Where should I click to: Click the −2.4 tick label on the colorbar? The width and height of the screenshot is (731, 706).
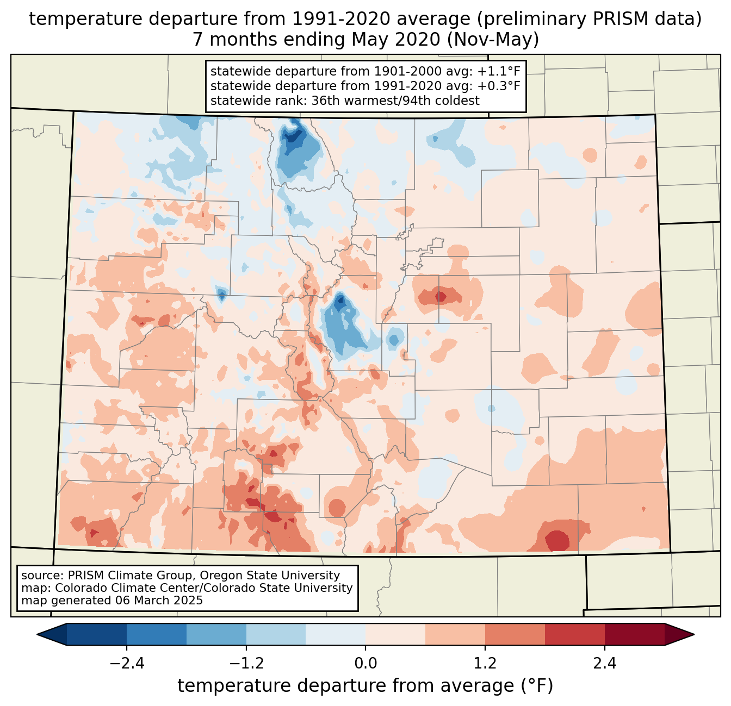point(126,664)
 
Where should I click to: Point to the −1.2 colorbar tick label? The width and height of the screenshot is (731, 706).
point(246,664)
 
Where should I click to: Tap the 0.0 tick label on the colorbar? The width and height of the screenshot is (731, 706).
point(365,664)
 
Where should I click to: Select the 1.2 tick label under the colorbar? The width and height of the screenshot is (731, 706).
point(485,664)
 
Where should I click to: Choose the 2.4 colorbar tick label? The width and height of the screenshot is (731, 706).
point(604,664)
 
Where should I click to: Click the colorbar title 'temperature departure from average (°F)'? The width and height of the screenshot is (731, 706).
point(365,686)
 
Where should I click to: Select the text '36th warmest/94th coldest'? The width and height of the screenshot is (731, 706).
point(395,101)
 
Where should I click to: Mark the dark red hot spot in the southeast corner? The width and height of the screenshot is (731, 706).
point(557,541)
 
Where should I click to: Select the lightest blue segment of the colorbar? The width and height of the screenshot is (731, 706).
point(336,634)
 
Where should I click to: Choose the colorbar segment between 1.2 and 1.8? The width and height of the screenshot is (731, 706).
point(515,634)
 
